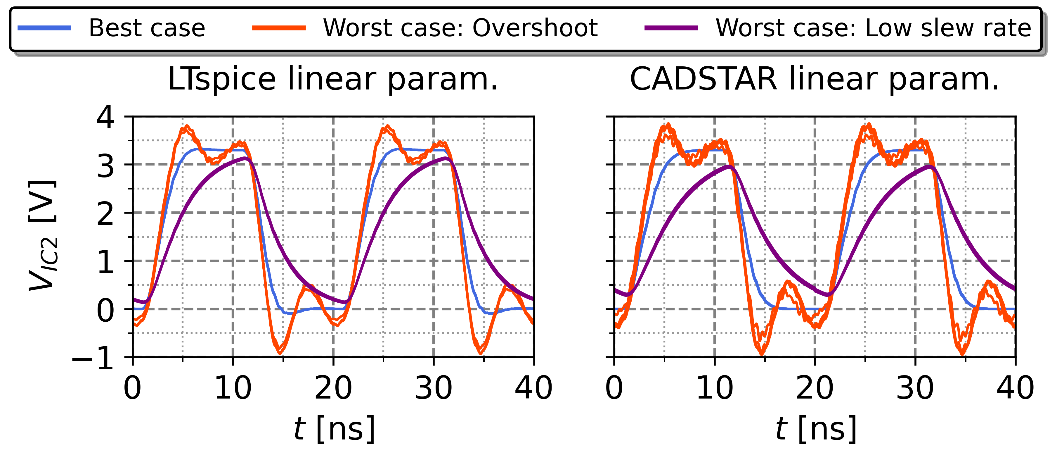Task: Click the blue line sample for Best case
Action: pos(44,28)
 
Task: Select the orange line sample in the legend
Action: pos(279,28)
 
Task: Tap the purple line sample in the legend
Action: pos(671,28)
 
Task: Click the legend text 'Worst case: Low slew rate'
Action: pos(873,28)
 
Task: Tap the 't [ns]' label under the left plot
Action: pos(334,428)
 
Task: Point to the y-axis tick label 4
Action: pos(105,118)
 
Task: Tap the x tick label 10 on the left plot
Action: pos(233,388)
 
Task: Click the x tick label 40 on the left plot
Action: pos(533,388)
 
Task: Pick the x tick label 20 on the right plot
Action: pos(815,388)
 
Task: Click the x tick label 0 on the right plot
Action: pos(614,388)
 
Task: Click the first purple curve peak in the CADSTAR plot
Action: pos(729,166)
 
